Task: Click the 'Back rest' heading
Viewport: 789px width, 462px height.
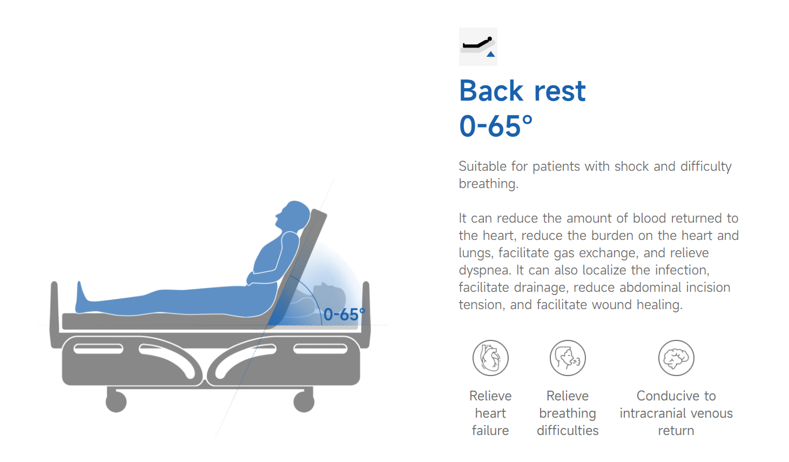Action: (x=522, y=91)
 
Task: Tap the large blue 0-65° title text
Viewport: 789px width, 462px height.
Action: (x=496, y=126)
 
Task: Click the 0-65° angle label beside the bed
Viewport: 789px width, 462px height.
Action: (x=344, y=314)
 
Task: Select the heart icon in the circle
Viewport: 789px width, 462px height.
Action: (x=490, y=358)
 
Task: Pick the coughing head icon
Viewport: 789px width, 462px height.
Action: (x=568, y=358)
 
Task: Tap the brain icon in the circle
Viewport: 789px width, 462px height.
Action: (x=676, y=358)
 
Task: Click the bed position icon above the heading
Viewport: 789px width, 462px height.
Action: (x=478, y=47)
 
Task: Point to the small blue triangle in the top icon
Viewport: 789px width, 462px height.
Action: (x=491, y=54)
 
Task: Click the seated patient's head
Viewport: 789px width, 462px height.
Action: (x=293, y=215)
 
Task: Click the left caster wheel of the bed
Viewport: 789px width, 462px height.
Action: (x=116, y=401)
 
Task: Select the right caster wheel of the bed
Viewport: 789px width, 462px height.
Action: (x=304, y=401)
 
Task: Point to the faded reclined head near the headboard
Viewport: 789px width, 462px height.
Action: (x=329, y=296)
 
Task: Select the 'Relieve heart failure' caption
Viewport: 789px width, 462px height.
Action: (x=490, y=413)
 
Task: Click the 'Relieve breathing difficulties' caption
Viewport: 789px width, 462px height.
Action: (x=568, y=413)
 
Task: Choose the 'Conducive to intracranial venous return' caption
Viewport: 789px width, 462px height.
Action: (x=676, y=413)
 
